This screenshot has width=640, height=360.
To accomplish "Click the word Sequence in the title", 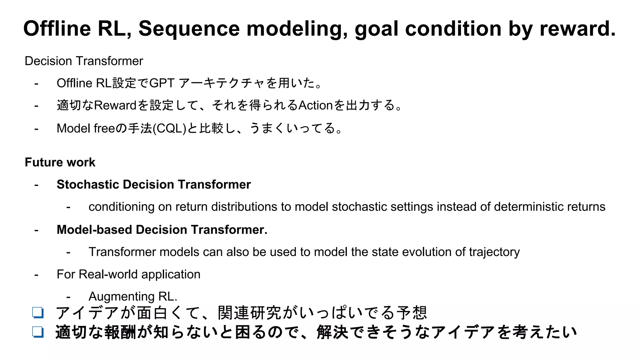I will [x=189, y=29].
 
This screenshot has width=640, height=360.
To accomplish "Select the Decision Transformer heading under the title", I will [x=84, y=61].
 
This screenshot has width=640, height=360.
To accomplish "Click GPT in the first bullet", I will [x=162, y=83].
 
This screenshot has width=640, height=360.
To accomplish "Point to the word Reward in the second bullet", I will [x=115, y=105].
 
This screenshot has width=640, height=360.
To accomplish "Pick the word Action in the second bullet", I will [x=315, y=105].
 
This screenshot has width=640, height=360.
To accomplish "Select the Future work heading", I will [x=60, y=162].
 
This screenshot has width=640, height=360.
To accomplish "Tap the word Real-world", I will [x=108, y=274].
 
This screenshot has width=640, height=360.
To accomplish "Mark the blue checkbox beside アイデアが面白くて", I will [x=38, y=312].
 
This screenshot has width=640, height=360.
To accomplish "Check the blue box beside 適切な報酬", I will [x=38, y=332].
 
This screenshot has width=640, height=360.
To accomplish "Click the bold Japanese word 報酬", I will [x=120, y=332].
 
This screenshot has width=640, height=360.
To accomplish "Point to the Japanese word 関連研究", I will [x=250, y=312].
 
